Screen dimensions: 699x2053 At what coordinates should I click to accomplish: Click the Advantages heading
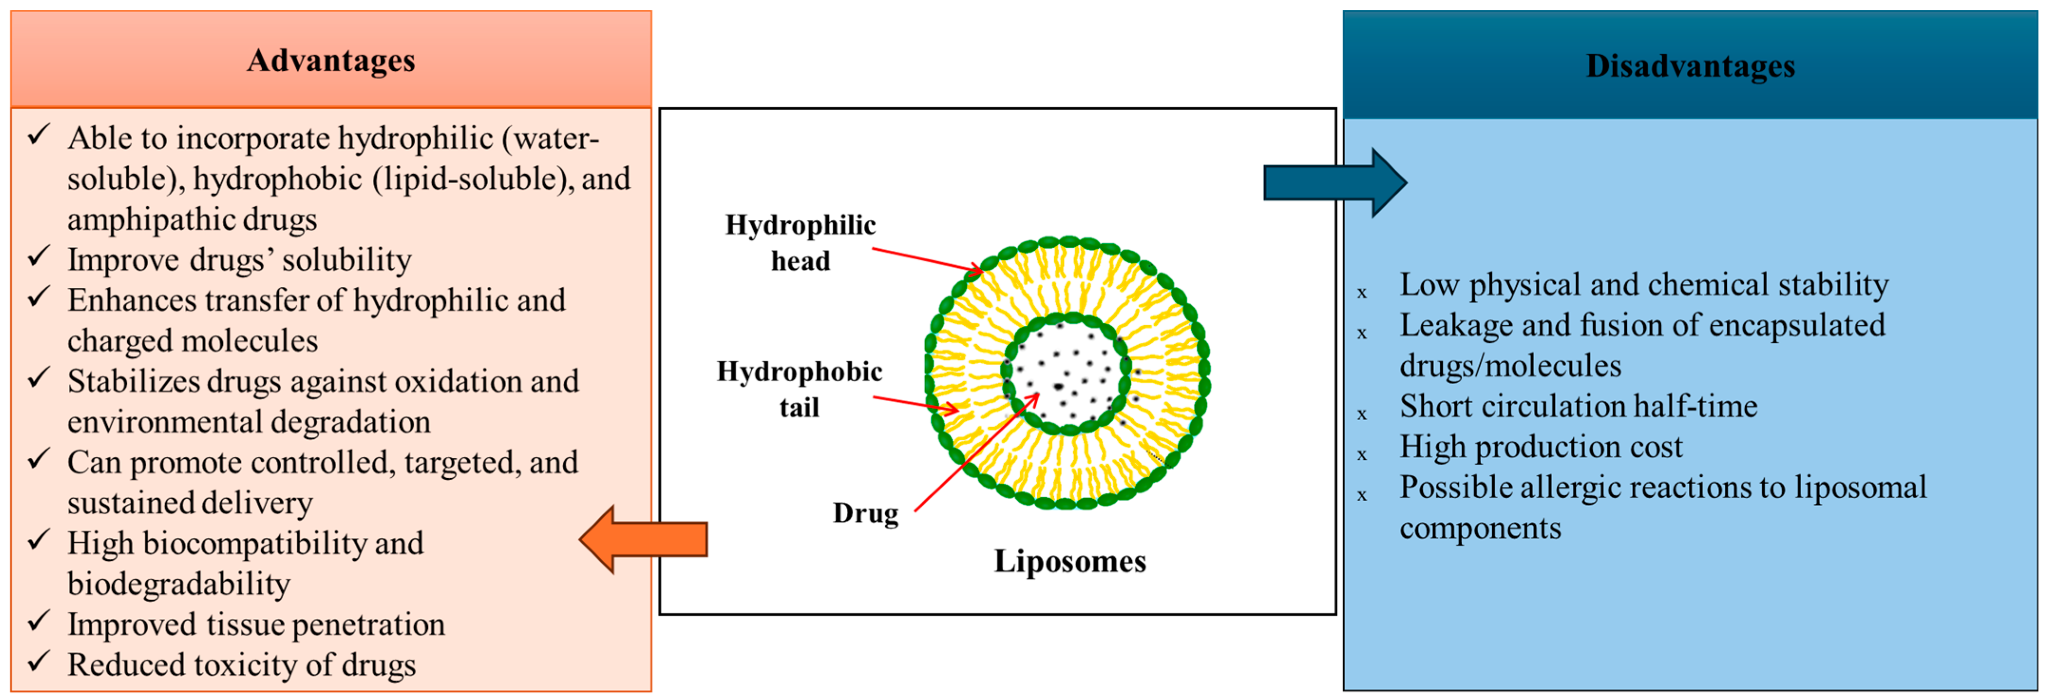(x=331, y=61)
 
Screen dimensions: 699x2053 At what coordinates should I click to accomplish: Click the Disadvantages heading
(x=1690, y=66)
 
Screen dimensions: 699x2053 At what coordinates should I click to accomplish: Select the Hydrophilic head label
(x=800, y=242)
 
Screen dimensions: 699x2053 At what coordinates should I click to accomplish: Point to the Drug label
(x=866, y=512)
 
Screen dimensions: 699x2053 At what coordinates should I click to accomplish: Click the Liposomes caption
(x=1069, y=561)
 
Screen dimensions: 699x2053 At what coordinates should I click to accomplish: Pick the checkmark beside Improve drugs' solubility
(x=39, y=256)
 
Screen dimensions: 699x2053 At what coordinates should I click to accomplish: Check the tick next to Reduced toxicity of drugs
(x=39, y=661)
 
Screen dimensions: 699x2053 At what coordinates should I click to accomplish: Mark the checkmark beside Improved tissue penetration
(x=39, y=621)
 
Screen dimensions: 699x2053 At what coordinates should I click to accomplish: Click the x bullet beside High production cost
(x=1362, y=455)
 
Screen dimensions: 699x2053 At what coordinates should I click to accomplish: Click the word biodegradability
(x=179, y=584)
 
